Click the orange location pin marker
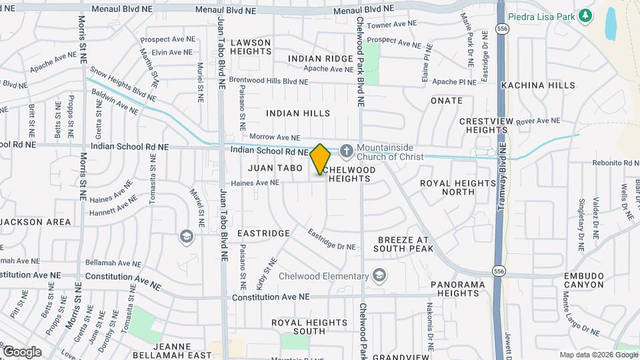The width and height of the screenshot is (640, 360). pyautogui.click(x=321, y=159)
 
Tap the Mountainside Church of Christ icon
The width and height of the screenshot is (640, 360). pyautogui.click(x=345, y=151)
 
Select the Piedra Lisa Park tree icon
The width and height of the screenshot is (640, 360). pyautogui.click(x=585, y=15)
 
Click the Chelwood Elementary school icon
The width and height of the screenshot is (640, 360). pyautogui.click(x=379, y=276)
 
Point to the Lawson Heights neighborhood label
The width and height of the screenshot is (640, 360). pyautogui.click(x=251, y=47)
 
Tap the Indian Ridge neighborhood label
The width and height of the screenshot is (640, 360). pyautogui.click(x=321, y=59)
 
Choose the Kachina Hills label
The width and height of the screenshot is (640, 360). pyautogui.click(x=538, y=85)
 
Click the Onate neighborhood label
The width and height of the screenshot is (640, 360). pyautogui.click(x=447, y=101)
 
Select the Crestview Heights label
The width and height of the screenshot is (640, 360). pyautogui.click(x=488, y=126)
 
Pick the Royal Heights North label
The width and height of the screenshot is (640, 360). pyautogui.click(x=458, y=187)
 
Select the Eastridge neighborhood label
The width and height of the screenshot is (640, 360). pyautogui.click(x=263, y=233)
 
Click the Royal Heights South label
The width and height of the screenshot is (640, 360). pyautogui.click(x=300, y=327)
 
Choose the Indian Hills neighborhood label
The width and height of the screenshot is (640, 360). pyautogui.click(x=298, y=113)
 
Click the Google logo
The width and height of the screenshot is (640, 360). pyautogui.click(x=22, y=351)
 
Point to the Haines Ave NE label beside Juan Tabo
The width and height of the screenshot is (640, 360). pyautogui.click(x=255, y=183)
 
